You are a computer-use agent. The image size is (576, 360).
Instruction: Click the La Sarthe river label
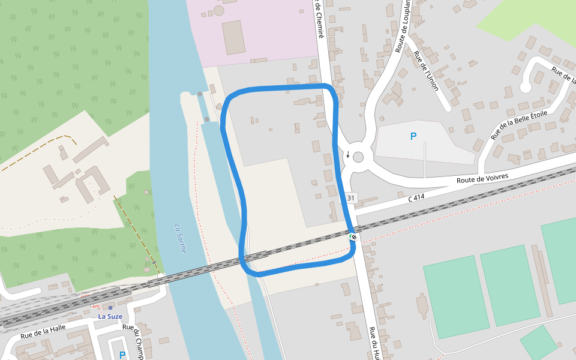[x=180, y=238]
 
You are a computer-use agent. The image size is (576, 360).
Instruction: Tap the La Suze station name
[x=110, y=316]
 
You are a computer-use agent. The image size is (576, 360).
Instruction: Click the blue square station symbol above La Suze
[x=110, y=307]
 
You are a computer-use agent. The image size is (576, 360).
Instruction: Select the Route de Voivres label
[x=482, y=178]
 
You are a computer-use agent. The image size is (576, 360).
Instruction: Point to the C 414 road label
[x=416, y=196]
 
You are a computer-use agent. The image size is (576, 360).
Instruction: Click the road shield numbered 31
[x=351, y=198]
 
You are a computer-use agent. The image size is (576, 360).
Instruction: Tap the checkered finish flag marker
[x=354, y=237]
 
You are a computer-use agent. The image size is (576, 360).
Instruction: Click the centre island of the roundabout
[x=358, y=157]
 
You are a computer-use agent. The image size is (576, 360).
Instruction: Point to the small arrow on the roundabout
[x=348, y=154]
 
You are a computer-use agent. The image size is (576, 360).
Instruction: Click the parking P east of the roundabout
[x=413, y=137]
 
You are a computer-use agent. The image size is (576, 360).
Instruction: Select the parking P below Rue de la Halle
[x=122, y=355]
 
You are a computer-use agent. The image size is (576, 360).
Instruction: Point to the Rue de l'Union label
[x=427, y=71]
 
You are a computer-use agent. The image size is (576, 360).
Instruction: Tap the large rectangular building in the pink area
[x=233, y=37]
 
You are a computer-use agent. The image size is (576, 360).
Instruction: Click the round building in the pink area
[x=219, y=10]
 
